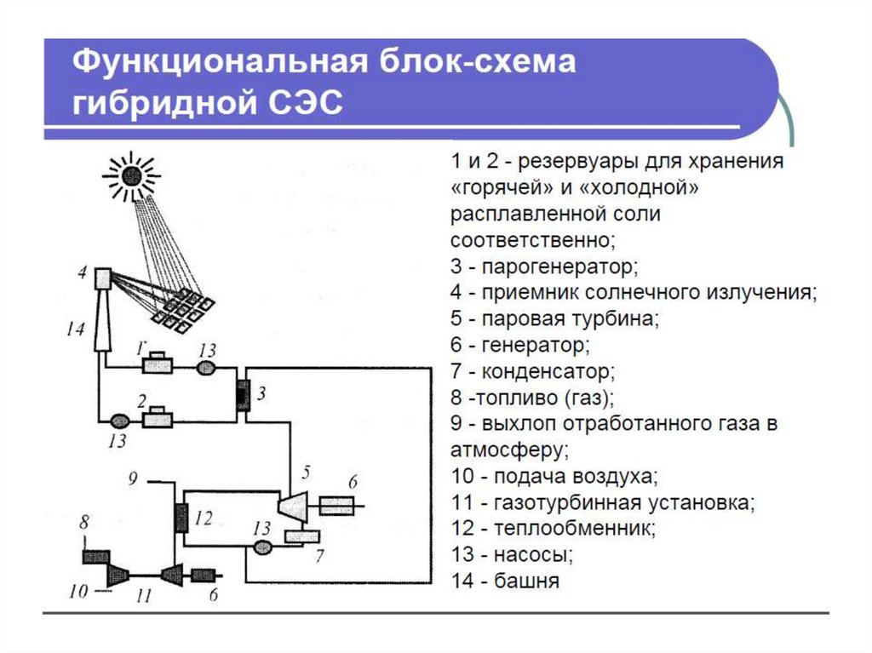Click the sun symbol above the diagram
[132, 176]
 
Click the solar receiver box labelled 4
[103, 278]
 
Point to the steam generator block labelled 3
[243, 396]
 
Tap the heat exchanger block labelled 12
[181, 518]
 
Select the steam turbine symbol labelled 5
[293, 507]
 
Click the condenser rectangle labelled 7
[302, 536]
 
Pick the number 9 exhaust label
[132, 478]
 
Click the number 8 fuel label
[84, 522]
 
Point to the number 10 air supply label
[78, 591]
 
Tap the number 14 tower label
[75, 329]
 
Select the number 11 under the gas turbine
[143, 596]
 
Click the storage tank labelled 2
[158, 417]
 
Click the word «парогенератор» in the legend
[559, 267]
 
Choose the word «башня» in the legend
[526, 581]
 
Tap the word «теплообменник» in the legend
[575, 528]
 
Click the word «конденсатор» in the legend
[548, 371]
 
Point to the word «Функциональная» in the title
[220, 62]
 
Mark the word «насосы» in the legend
[533, 554]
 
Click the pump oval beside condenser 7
[263, 548]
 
